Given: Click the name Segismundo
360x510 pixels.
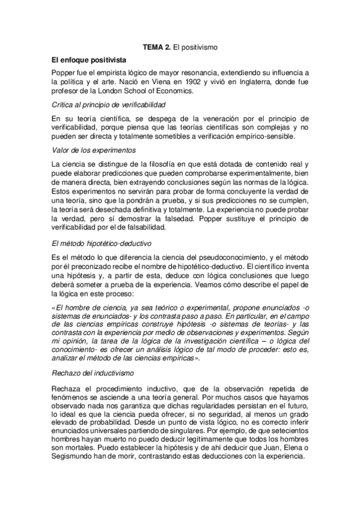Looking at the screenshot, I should click(73, 456).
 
